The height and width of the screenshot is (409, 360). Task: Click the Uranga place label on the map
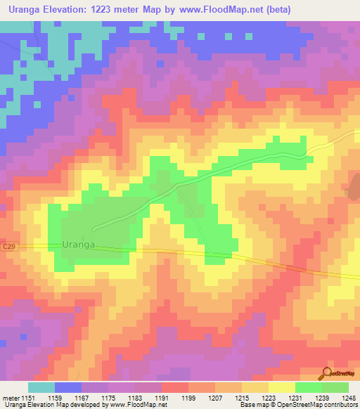pyautogui.click(x=78, y=245)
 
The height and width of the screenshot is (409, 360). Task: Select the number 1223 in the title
pyautogui.click(x=109, y=10)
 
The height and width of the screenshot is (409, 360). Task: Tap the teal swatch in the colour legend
pyautogui.click(x=41, y=387)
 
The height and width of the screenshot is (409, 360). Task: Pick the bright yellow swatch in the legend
pyautogui.click(x=282, y=387)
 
